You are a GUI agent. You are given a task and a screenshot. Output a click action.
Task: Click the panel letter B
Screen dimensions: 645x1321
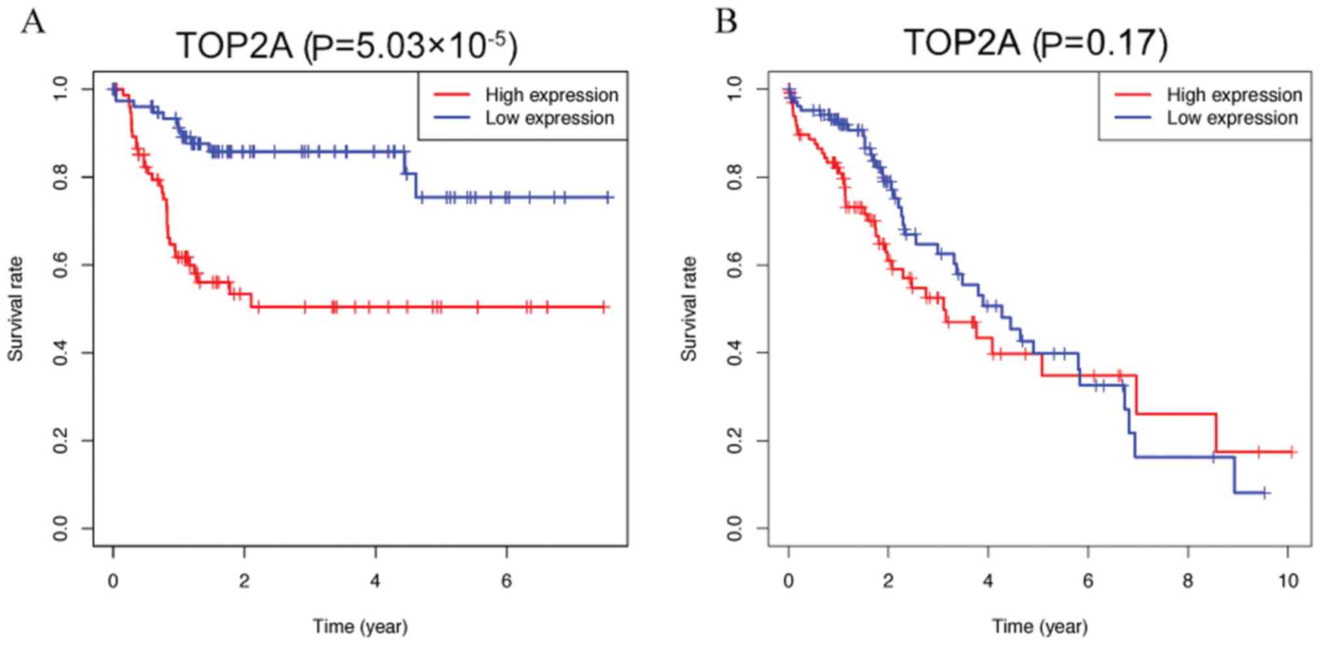pos(727,21)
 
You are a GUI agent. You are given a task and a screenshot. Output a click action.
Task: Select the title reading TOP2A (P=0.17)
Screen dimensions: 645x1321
pos(1035,42)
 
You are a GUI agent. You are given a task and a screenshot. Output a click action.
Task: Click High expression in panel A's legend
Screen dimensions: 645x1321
pos(552,95)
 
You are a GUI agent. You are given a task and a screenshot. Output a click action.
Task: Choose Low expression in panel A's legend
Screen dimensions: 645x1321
pos(550,118)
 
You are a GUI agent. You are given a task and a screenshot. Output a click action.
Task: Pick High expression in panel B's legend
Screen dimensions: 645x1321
pos(1234,95)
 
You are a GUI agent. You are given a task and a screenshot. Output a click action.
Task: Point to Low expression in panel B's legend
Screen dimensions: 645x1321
pos(1232,118)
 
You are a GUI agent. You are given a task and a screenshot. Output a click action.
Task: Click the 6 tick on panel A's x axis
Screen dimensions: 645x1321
pos(507,580)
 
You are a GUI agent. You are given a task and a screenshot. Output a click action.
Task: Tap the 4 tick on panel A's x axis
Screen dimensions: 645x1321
pos(375,580)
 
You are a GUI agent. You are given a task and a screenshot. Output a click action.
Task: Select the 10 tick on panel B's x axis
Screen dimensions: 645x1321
pos(1288,580)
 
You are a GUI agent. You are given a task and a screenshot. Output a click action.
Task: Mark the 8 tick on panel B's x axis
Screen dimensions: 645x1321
pos(1188,580)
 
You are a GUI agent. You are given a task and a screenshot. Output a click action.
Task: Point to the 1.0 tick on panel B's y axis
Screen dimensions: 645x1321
pos(735,89)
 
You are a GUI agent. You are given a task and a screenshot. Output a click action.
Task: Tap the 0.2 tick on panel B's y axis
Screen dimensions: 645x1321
pos(735,441)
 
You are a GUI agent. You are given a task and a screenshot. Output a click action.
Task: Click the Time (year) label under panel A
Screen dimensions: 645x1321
pos(360,626)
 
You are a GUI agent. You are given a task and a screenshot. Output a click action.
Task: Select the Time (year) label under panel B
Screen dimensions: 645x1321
pos(1039,626)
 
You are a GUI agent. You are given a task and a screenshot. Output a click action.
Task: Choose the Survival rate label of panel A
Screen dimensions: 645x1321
pos(16,309)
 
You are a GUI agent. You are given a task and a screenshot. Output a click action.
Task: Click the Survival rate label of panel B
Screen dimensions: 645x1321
pos(689,309)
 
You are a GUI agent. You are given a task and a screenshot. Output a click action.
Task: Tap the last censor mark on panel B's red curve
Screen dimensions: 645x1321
pos(1292,452)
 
